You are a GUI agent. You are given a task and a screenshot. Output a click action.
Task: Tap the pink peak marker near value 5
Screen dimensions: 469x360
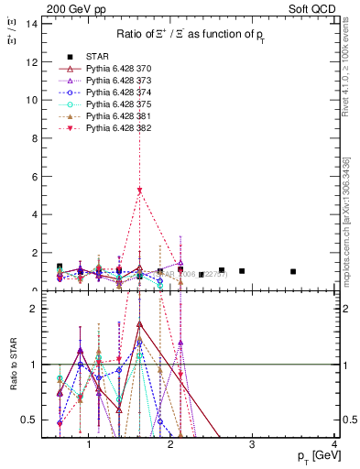click(x=139, y=191)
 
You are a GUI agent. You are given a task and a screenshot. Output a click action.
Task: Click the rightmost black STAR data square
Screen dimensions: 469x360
click(x=293, y=271)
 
